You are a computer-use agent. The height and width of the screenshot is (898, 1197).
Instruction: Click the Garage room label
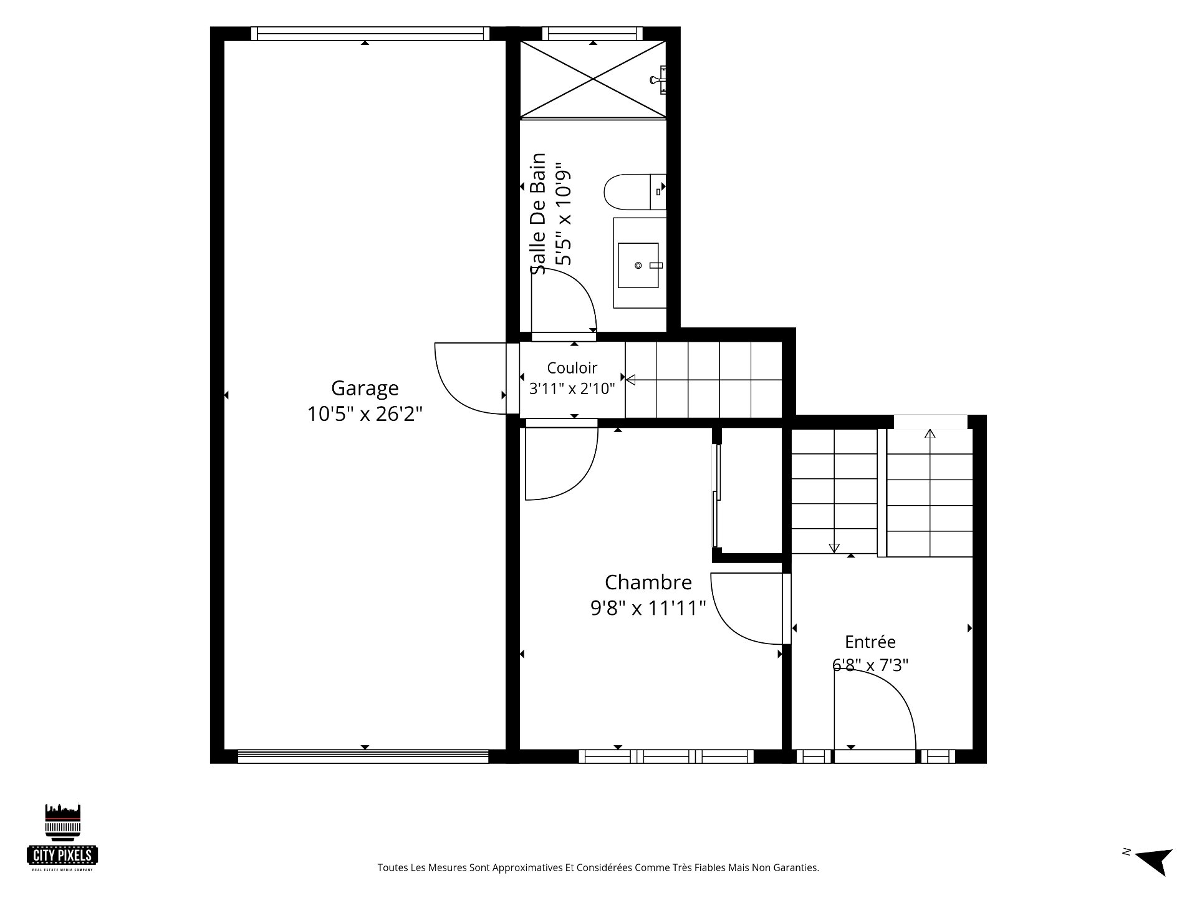point(365,389)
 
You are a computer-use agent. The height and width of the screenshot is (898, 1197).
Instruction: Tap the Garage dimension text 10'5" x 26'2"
point(365,414)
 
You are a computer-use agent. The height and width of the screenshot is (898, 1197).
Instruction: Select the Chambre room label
point(648,582)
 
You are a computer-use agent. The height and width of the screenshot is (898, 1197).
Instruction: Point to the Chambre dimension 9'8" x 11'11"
point(648,608)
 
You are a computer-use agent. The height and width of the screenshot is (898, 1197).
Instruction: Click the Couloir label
point(572,368)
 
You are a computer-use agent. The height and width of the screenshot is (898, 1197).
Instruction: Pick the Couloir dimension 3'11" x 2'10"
point(572,389)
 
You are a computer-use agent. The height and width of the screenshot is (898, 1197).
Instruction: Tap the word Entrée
point(870,642)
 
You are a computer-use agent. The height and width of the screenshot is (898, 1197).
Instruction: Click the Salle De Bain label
point(538,214)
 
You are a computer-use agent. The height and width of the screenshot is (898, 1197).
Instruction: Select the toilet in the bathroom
point(635,192)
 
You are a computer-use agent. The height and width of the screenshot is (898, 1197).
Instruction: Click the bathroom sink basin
point(638,266)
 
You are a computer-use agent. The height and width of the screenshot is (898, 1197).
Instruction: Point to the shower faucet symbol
point(658,79)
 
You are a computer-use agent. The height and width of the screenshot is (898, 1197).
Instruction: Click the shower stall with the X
point(593,79)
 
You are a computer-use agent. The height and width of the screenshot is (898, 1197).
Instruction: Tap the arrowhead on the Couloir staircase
point(630,379)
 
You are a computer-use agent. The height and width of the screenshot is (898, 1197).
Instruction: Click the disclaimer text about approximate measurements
point(598,867)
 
